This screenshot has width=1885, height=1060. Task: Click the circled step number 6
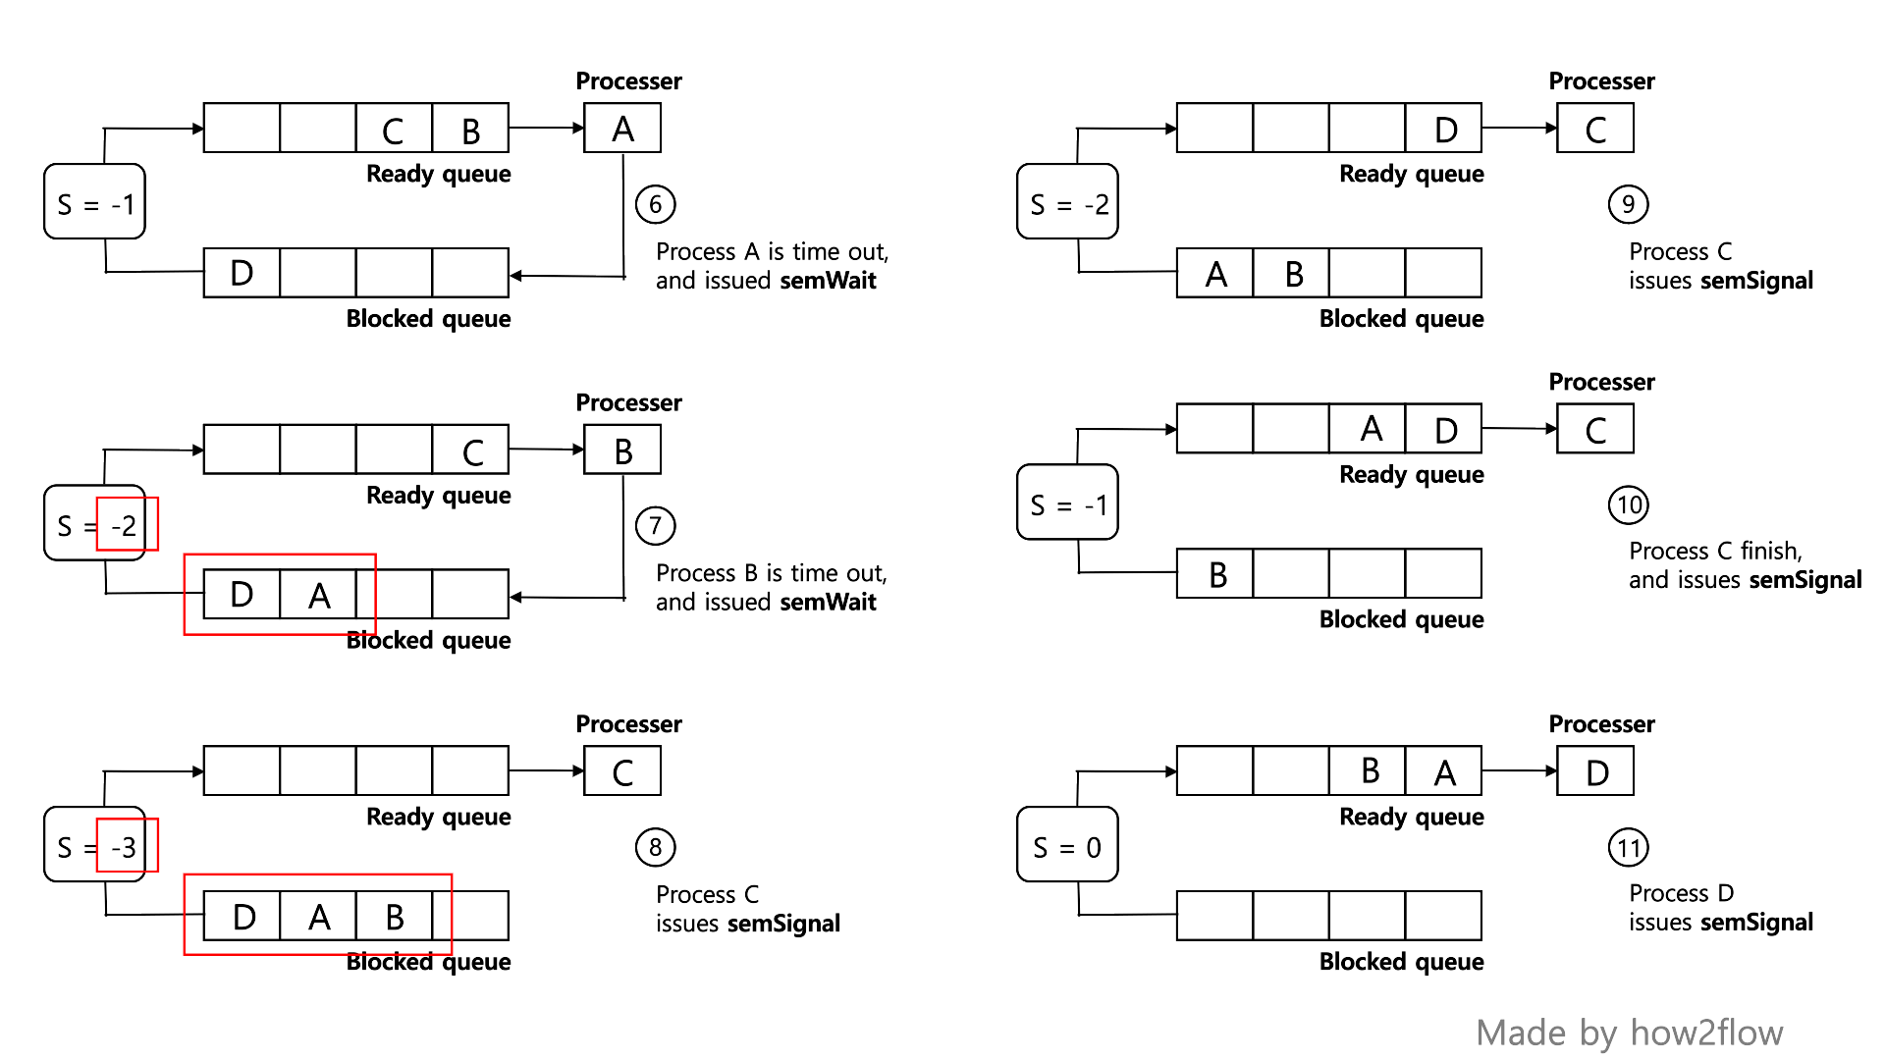[655, 204]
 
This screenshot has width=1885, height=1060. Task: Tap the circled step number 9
[1628, 204]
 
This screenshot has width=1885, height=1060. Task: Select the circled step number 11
[1628, 847]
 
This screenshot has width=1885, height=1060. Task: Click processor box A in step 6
[622, 129]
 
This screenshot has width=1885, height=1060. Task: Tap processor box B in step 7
[622, 450]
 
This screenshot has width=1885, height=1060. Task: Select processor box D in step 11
[1595, 771]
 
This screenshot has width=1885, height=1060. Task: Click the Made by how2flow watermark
[1629, 1033]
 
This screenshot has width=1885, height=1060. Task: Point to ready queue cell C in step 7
[471, 450]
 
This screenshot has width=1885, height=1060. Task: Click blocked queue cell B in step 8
[394, 916]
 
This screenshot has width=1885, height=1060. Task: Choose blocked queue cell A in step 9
[1215, 273]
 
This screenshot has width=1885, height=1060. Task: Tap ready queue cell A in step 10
[1369, 429]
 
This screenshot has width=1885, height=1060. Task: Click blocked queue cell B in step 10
[1215, 574]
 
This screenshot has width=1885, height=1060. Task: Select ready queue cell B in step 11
[1369, 771]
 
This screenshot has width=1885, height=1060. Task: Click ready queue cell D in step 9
[1444, 129]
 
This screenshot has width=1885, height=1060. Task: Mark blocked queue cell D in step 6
[242, 273]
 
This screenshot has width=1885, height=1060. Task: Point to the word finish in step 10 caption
[1769, 551]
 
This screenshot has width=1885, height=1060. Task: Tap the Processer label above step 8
[628, 724]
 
